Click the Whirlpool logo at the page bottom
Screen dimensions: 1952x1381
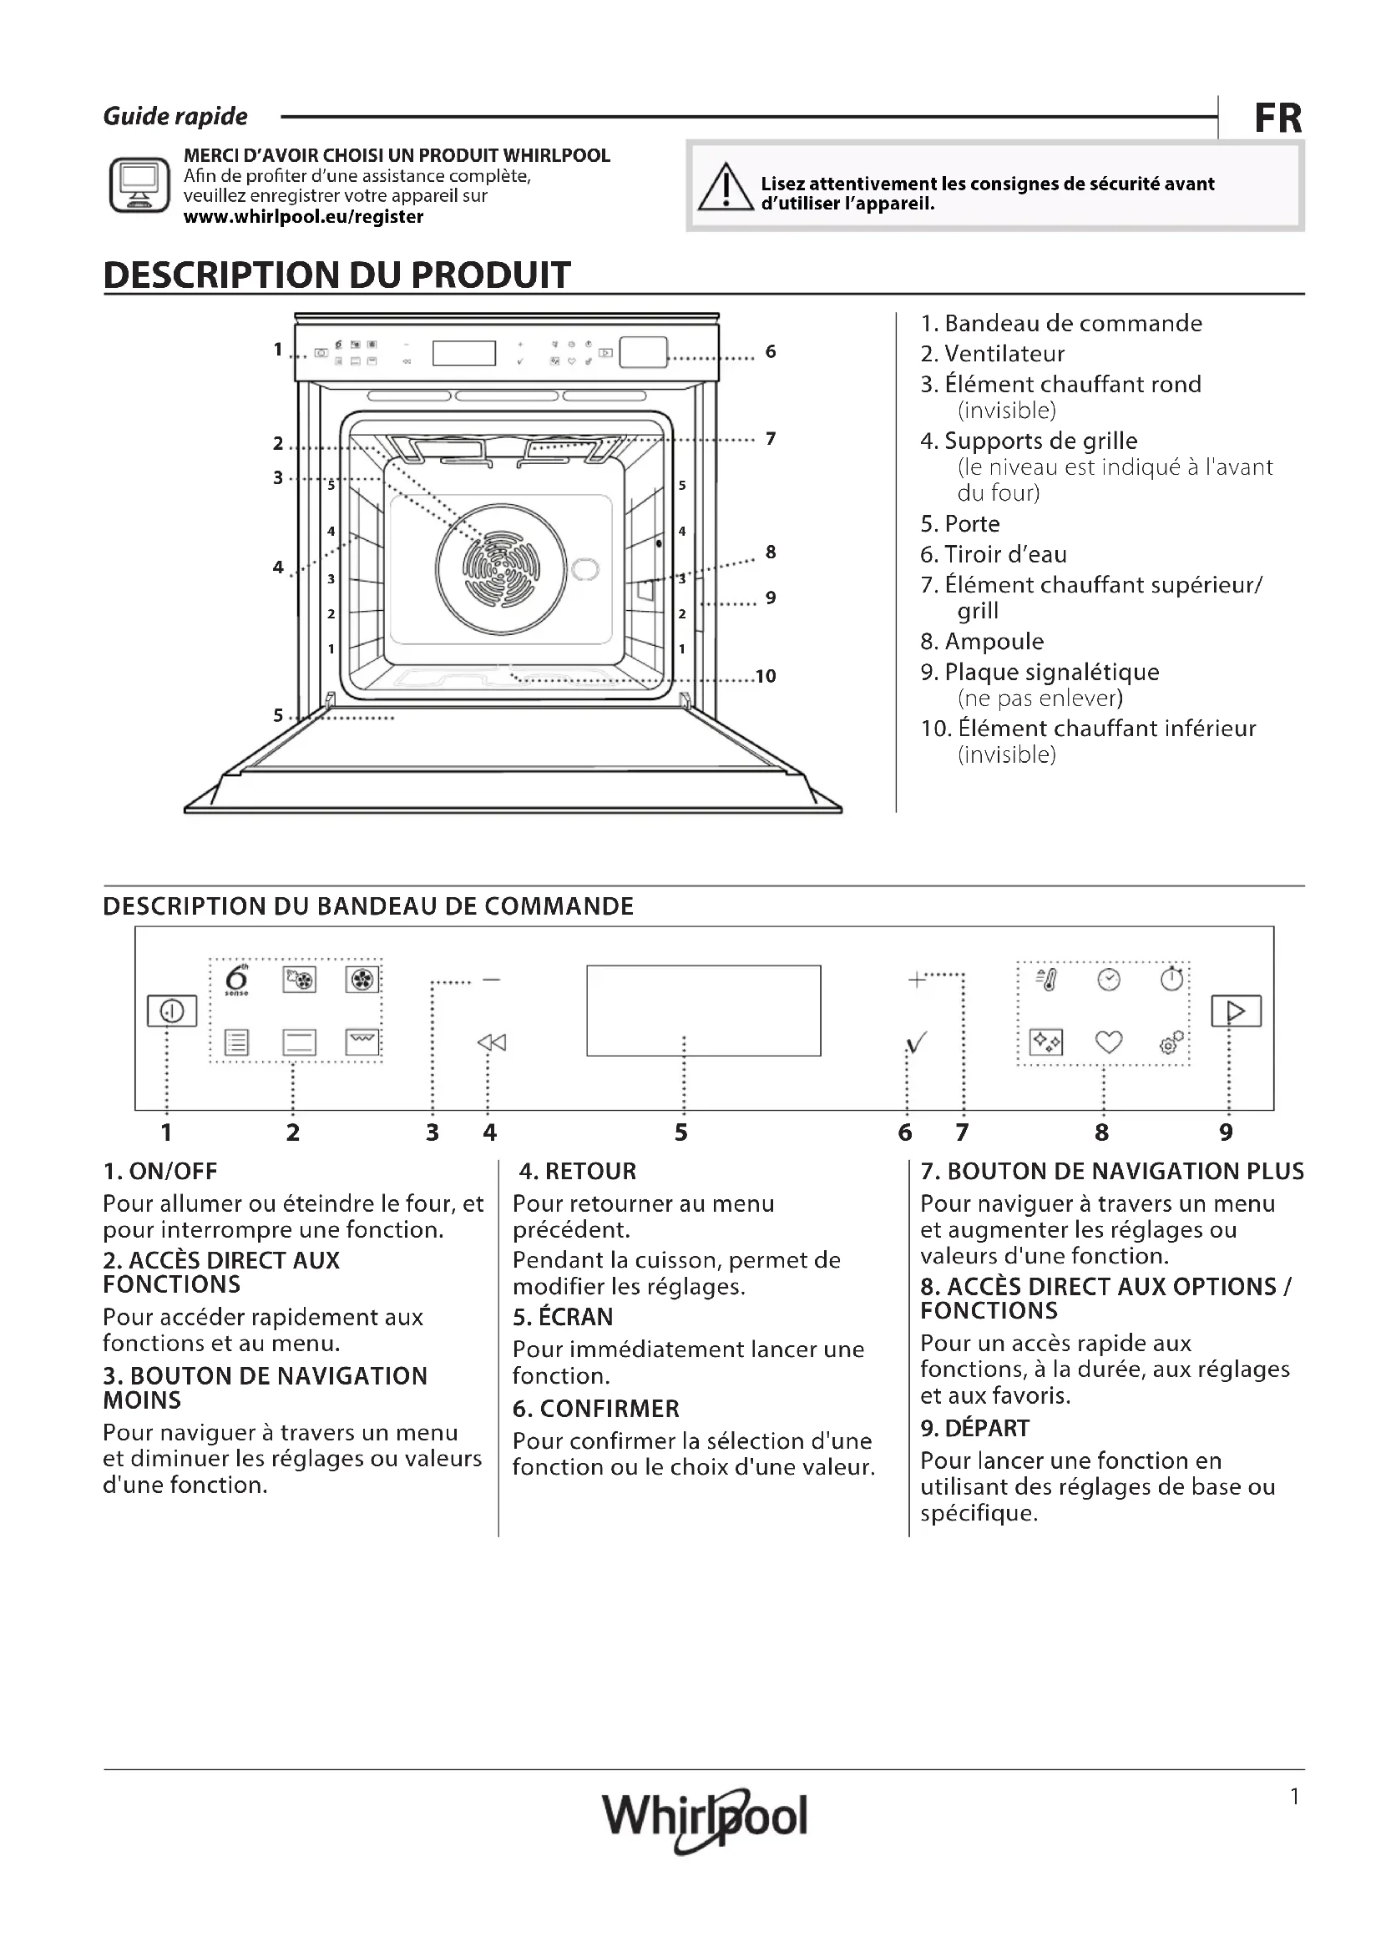tap(704, 1817)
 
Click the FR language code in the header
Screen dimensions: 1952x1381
tap(1277, 119)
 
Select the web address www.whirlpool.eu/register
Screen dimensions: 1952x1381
tap(304, 217)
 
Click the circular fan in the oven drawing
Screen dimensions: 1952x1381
tap(501, 568)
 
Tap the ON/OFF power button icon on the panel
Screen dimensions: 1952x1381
tap(172, 1011)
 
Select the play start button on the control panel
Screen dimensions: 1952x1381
tap(1236, 1011)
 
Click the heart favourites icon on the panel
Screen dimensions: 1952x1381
tap(1108, 1042)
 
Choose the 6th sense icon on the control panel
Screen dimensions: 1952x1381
tap(236, 981)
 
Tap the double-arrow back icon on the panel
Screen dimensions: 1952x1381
tap(492, 1042)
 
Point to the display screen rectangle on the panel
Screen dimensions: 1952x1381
tap(703, 1010)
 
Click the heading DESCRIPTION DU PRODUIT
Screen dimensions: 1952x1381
tap(336, 275)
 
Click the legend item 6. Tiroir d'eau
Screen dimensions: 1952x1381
tap(994, 554)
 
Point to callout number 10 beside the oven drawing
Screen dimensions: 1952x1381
tap(766, 676)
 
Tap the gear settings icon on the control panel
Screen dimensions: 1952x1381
tap(1171, 1042)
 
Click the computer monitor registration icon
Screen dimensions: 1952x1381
tap(139, 184)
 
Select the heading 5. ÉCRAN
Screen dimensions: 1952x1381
tap(562, 1316)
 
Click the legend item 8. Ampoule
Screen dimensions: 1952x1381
tap(982, 641)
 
